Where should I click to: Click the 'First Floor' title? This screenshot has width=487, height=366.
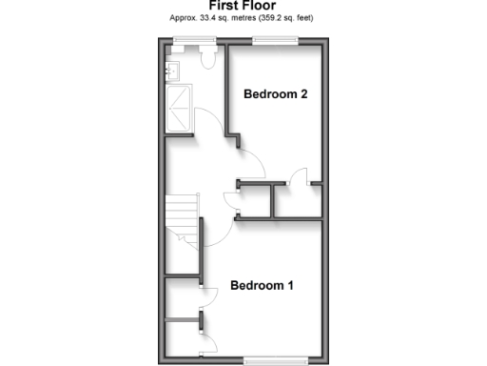[243, 6]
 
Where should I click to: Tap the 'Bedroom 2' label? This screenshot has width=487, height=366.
[275, 94]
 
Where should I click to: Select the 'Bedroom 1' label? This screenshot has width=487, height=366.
[262, 286]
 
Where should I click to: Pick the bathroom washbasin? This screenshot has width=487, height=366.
[173, 69]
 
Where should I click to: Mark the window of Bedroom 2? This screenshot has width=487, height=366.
[275, 40]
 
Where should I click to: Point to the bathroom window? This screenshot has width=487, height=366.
[193, 40]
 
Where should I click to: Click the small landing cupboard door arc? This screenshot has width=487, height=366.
[229, 197]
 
